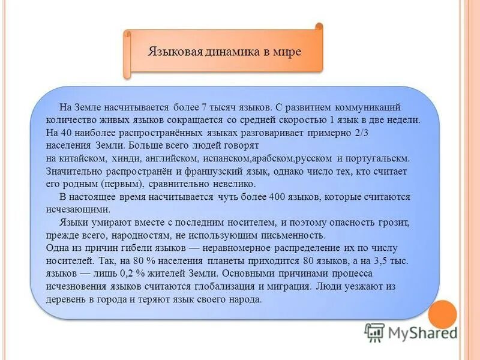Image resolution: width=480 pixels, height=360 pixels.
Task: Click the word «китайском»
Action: (83, 158)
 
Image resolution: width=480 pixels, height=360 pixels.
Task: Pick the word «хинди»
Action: (124, 158)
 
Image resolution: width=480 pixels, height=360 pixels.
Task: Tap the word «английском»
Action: (169, 158)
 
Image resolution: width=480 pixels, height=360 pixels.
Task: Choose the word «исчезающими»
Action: (77, 209)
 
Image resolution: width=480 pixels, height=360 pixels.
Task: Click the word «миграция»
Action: (286, 286)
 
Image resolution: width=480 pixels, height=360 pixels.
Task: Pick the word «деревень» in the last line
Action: (66, 299)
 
